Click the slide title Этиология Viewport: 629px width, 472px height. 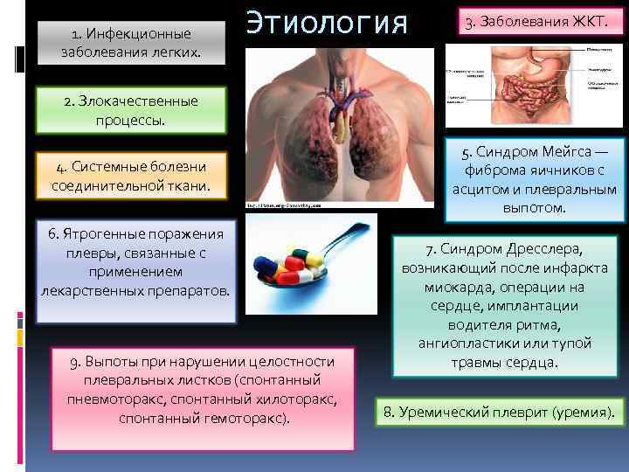click(x=327, y=24)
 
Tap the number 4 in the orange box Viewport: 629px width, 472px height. click(x=59, y=168)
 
